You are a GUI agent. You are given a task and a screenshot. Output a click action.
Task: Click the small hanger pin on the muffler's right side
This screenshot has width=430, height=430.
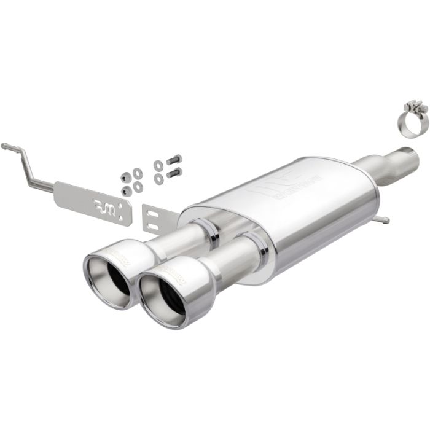point(383,219)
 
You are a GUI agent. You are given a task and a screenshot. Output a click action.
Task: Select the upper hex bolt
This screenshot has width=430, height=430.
point(174,160)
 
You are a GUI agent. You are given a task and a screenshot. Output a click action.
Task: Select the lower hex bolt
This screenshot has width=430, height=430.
point(174,173)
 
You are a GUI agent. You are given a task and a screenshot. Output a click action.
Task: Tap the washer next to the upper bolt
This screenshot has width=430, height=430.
point(158,165)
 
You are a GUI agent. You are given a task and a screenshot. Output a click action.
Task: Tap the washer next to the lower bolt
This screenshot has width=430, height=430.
point(158,178)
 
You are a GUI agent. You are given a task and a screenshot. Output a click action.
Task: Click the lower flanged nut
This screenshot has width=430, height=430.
point(126,190)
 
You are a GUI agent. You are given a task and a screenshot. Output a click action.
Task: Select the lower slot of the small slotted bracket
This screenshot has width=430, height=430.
point(154,226)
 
